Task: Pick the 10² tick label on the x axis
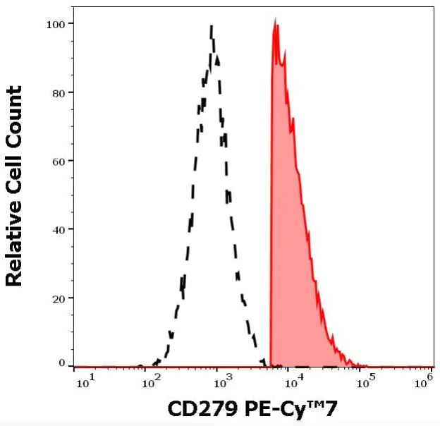coord(150,382)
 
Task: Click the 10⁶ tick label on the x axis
coord(424,382)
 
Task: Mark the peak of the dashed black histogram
coord(212,26)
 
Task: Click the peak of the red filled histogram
coord(276,20)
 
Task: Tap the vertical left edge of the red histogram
coord(271,212)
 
